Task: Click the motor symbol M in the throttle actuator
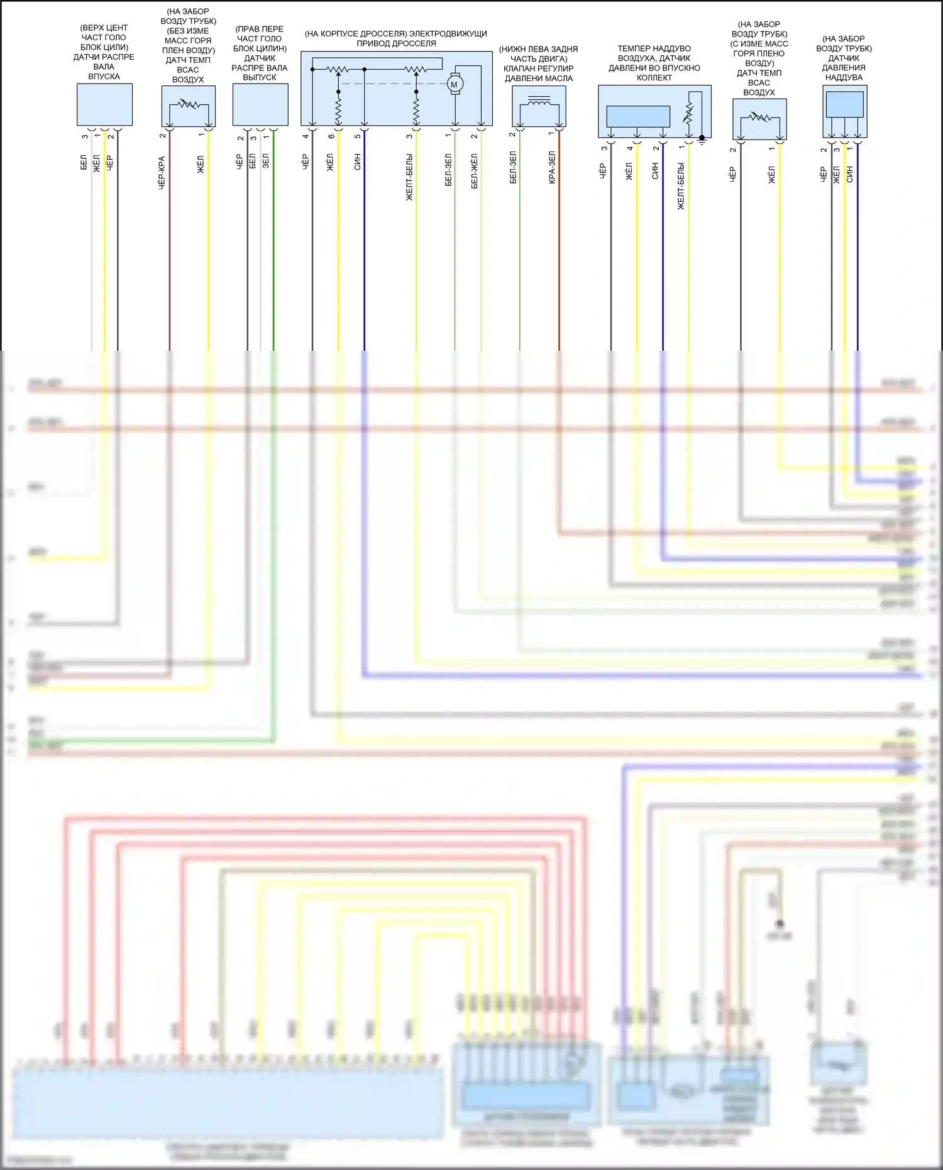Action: click(454, 84)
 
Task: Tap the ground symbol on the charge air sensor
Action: click(702, 140)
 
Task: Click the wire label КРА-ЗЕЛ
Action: click(552, 167)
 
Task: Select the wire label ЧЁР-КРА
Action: click(162, 173)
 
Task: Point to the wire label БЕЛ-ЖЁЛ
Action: click(474, 171)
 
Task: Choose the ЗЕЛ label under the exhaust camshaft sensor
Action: click(265, 160)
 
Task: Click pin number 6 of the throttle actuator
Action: click(331, 136)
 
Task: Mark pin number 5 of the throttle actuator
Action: click(357, 136)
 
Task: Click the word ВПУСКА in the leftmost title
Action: click(104, 77)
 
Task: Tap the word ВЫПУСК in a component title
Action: click(259, 77)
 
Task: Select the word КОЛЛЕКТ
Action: click(654, 78)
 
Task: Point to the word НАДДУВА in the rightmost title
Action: click(843, 77)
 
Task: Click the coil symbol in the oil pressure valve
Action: click(539, 101)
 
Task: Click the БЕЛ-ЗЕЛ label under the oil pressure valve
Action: click(513, 167)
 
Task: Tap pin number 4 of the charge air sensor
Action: click(629, 148)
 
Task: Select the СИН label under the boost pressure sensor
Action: click(849, 174)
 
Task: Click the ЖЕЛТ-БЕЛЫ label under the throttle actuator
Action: click(409, 177)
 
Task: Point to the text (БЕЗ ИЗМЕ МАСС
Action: click(187, 31)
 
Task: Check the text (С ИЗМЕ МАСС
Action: click(759, 44)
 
